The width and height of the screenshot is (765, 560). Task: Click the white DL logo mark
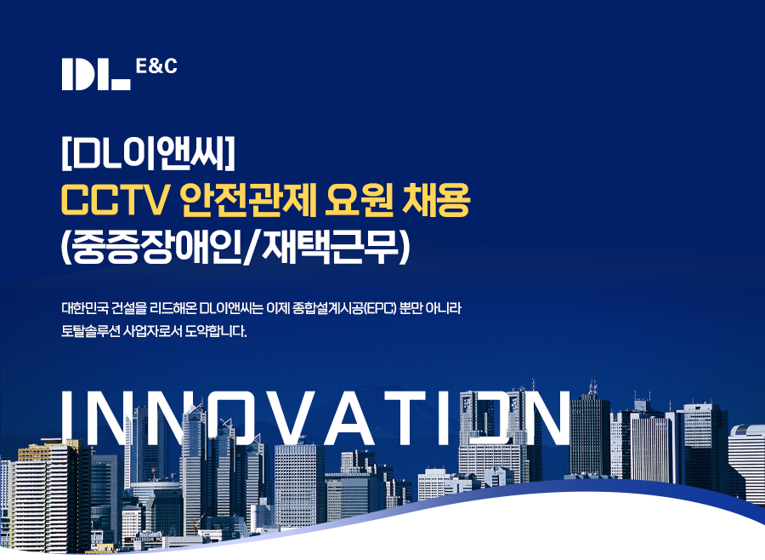coord(96,74)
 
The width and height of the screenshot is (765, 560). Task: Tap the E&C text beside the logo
coord(156,66)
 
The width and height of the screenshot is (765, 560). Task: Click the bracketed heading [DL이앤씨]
coord(148,153)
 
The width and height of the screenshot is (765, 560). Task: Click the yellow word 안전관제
coord(249,199)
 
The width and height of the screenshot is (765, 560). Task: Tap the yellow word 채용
coord(435,199)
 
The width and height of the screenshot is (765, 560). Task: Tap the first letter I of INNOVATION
coord(68,418)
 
